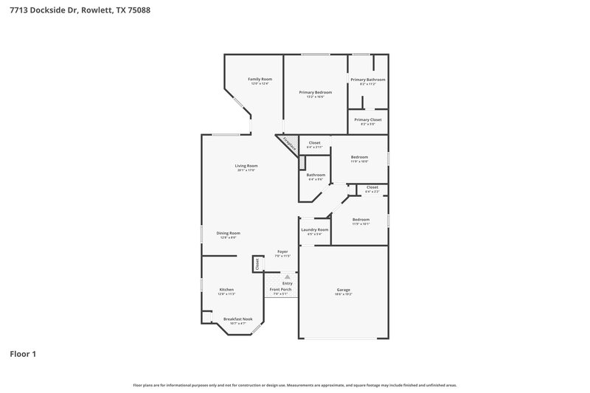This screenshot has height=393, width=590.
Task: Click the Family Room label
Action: pyautogui.click(x=260, y=79)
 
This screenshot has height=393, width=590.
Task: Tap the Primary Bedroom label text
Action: pyautogui.click(x=315, y=92)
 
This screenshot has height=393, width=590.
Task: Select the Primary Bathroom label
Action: pyautogui.click(x=367, y=80)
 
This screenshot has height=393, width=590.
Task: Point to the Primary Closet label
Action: pyautogui.click(x=367, y=119)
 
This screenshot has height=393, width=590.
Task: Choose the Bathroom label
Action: pyautogui.click(x=316, y=175)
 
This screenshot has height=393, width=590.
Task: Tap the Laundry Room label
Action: pyautogui.click(x=314, y=229)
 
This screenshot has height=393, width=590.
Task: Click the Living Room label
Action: pyautogui.click(x=246, y=166)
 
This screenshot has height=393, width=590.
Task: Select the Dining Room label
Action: pyautogui.click(x=228, y=233)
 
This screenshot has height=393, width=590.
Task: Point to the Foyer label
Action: pyautogui.click(x=282, y=251)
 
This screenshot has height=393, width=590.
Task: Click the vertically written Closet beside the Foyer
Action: pyautogui.click(x=257, y=263)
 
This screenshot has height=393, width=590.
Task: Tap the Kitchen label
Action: pyautogui.click(x=226, y=290)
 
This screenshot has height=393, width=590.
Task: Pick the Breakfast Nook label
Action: pyautogui.click(x=237, y=319)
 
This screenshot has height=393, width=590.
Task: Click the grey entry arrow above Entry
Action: pyautogui.click(x=277, y=277)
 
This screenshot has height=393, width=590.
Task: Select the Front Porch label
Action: pyautogui.click(x=280, y=290)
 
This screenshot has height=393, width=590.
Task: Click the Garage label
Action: pyautogui.click(x=343, y=290)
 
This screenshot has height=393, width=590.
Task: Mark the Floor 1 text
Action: pyautogui.click(x=22, y=354)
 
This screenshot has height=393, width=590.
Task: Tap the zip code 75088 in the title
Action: pyautogui.click(x=141, y=10)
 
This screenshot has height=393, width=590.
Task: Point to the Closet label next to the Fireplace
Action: pyautogui.click(x=314, y=143)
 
